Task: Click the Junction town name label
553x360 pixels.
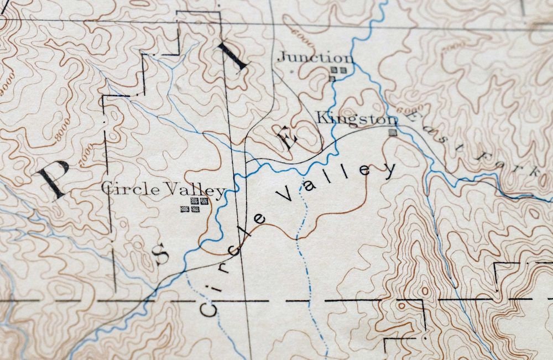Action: pyautogui.click(x=315, y=58)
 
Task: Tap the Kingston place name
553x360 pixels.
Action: pyautogui.click(x=356, y=118)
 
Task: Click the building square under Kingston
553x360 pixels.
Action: pyautogui.click(x=393, y=132)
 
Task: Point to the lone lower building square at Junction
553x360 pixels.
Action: pyautogui.click(x=332, y=79)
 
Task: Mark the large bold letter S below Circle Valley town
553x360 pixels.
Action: pyautogui.click(x=161, y=254)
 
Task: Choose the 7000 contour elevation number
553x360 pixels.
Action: pyautogui.click(x=84, y=153)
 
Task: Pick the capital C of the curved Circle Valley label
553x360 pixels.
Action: pyautogui.click(x=208, y=308)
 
